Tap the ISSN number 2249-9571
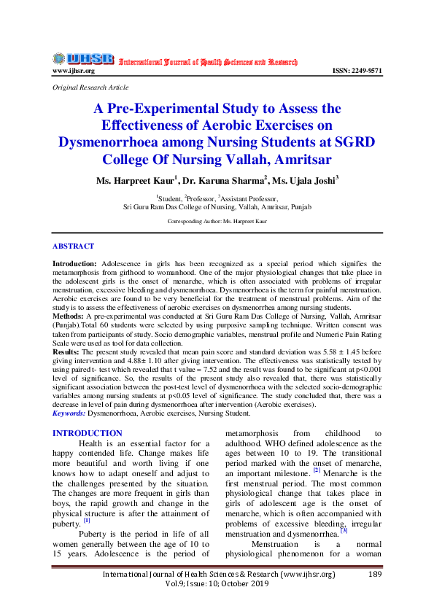[357, 71]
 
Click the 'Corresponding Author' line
[217, 220]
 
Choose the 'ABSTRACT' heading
[73, 246]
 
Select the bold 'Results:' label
[66, 351]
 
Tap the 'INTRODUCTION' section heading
[88, 433]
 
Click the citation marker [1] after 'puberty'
[86, 520]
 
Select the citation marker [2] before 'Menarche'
[317, 470]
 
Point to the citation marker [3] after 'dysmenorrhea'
[344, 530]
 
